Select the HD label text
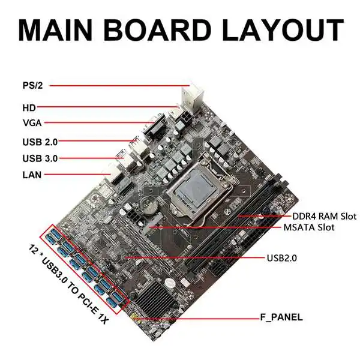click(x=28, y=108)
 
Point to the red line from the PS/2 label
click(x=120, y=86)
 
